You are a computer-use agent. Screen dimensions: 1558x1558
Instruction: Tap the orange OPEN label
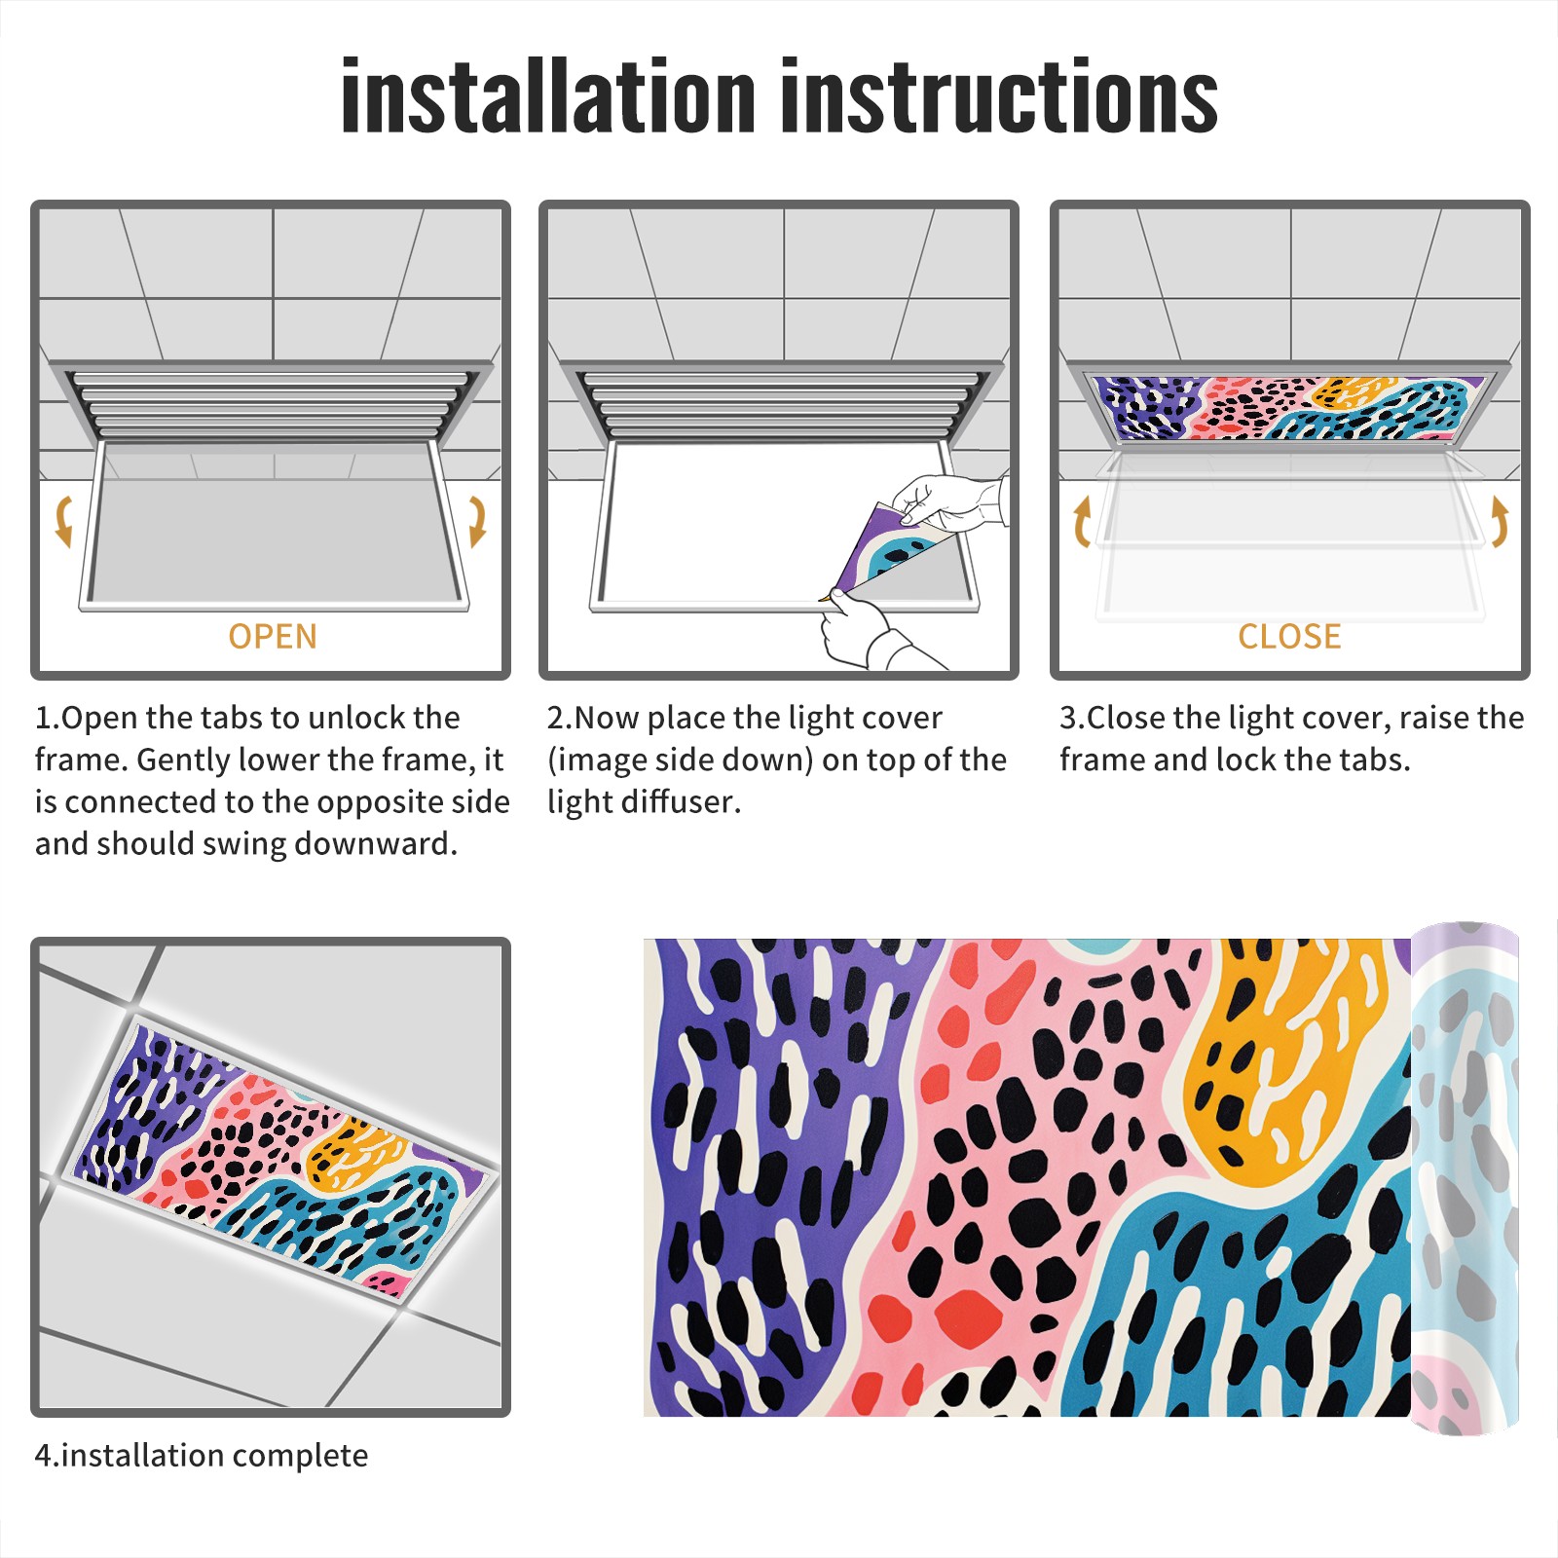(273, 637)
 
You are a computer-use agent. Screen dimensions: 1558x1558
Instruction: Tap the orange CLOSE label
(1289, 637)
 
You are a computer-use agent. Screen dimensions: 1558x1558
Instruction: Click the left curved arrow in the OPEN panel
(63, 521)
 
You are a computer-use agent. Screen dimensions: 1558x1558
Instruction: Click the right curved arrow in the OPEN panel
(477, 521)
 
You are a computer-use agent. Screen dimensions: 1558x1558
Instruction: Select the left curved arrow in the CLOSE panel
(1082, 521)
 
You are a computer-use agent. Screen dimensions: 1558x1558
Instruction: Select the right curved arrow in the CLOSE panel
(1500, 521)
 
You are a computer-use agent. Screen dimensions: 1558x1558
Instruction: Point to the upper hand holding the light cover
(949, 504)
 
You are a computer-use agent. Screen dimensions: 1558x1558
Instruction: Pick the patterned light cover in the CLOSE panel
(1281, 407)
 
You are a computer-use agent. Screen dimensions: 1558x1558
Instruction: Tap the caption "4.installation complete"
(202, 1456)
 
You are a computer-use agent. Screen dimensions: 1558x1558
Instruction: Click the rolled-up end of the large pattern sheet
(1465, 1178)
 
